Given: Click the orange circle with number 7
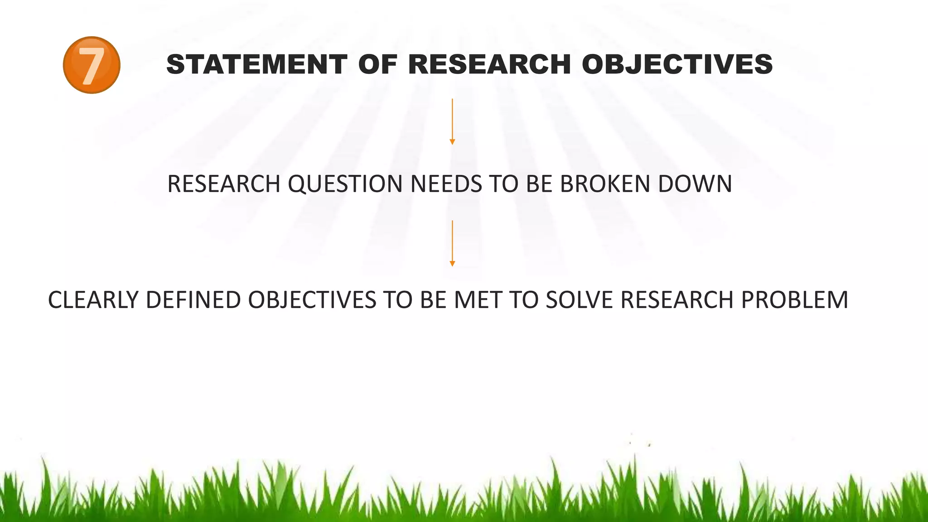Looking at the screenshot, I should (92, 65).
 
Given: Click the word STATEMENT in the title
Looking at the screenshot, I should (256, 64).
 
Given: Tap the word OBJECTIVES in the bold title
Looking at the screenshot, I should (677, 64).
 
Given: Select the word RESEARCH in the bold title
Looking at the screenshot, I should (489, 64).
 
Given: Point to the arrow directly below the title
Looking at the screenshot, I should (452, 121).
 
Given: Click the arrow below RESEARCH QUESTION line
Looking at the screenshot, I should (452, 243).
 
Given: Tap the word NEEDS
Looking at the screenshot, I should (446, 184).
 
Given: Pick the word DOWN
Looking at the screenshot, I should (695, 184).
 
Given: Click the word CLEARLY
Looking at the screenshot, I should (93, 300).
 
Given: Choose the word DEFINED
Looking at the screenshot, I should (193, 300).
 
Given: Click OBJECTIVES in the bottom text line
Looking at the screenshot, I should (312, 300).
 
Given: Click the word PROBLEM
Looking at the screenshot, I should (794, 300).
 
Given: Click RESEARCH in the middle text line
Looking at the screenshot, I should (224, 184).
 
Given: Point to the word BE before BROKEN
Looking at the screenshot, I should (539, 184).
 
